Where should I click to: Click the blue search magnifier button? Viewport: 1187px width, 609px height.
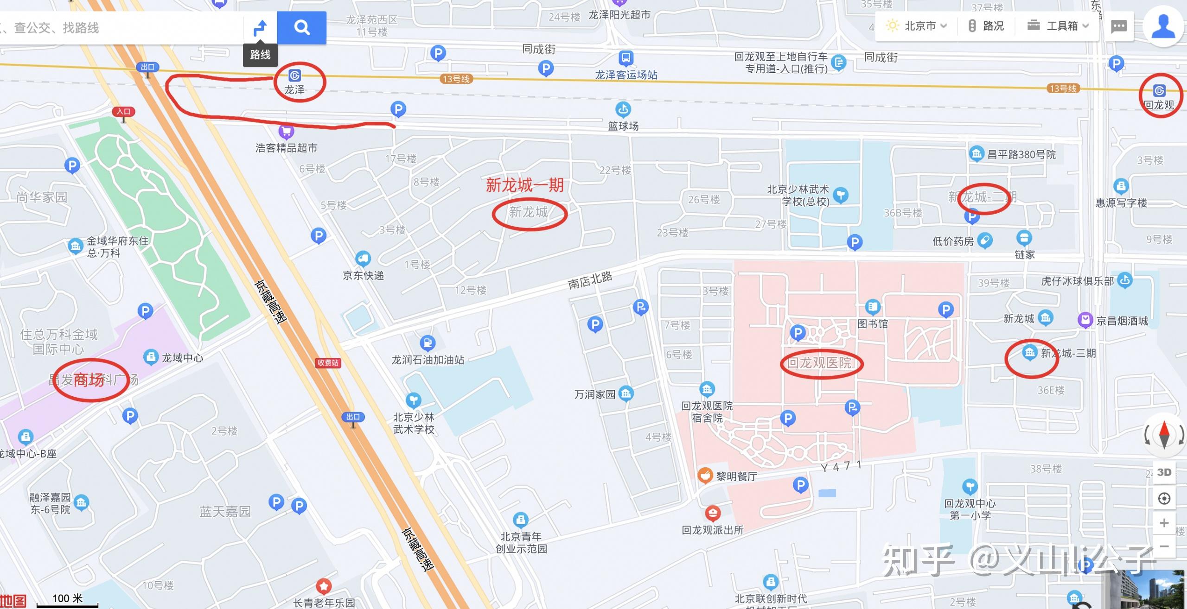point(301,28)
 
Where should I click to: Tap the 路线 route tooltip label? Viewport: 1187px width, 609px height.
point(260,55)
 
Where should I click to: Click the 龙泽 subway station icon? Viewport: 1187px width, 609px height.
point(294,75)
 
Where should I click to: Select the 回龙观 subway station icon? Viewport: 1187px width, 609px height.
point(1159,90)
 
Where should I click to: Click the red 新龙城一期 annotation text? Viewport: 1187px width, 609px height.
point(524,185)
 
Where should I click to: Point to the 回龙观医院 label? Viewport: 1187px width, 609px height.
point(820,363)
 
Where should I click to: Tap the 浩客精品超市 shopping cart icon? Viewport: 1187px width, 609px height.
point(286,132)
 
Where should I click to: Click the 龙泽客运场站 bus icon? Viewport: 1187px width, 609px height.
point(625,58)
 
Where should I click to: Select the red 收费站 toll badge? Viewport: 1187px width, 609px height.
point(328,362)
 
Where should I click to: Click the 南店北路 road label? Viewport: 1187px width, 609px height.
point(590,280)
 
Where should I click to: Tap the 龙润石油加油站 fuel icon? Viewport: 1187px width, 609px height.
point(427,343)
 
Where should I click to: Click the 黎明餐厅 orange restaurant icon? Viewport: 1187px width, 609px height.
point(705,475)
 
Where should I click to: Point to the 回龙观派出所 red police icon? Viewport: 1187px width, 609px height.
point(713,513)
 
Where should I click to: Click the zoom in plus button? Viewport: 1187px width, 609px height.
point(1164,523)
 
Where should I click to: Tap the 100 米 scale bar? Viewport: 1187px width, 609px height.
point(67,601)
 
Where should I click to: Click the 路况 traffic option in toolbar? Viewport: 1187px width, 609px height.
point(986,26)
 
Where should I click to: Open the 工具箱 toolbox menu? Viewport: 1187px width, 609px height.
point(1057,26)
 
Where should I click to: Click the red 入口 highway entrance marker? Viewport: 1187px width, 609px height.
point(123,112)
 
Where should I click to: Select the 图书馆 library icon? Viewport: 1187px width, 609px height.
point(873,307)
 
